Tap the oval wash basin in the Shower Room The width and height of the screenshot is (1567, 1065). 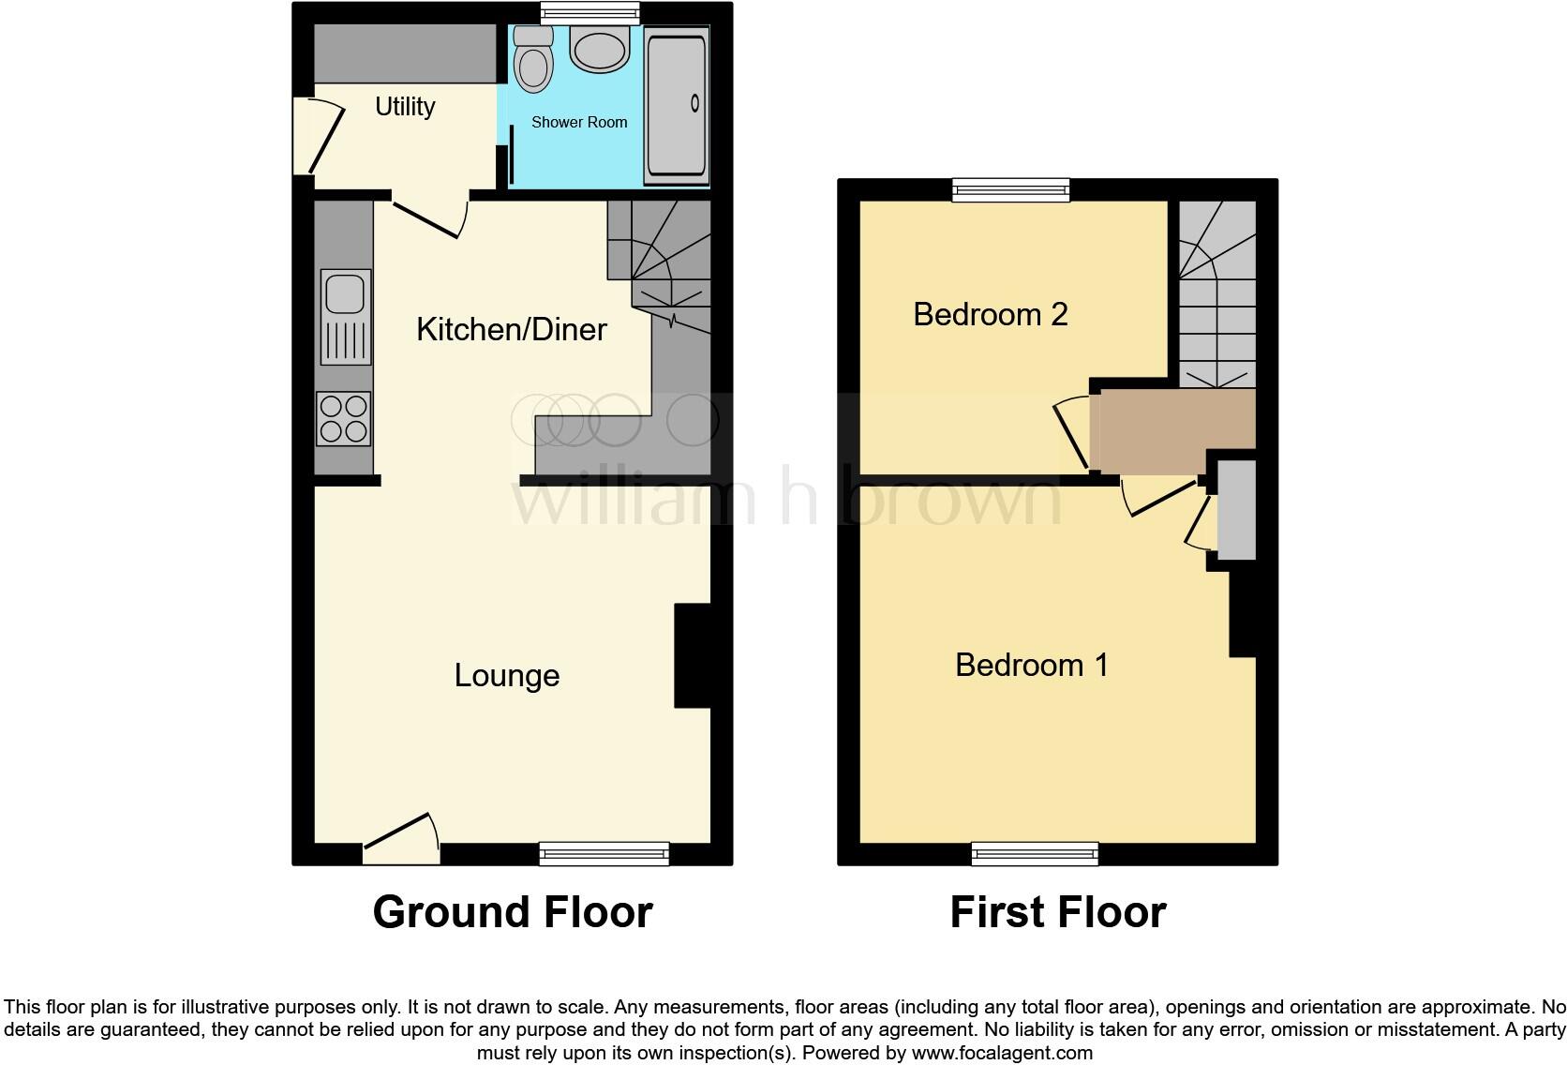[599, 50]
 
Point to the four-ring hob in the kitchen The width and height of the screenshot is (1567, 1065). [344, 418]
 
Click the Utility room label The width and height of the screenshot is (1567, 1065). [405, 107]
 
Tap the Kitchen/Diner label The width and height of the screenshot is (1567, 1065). [511, 329]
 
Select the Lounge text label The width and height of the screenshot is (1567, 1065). [506, 675]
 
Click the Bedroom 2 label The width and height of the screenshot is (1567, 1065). [990, 314]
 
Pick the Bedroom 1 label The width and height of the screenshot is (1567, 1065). [1031, 665]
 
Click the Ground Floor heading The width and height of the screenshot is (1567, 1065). [512, 912]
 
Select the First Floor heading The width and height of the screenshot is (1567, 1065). [1057, 912]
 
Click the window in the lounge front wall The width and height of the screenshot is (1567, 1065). [604, 852]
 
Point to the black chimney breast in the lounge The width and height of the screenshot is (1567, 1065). [692, 655]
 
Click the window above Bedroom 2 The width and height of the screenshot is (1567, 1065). [1010, 190]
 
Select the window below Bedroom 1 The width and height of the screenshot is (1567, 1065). [1035, 852]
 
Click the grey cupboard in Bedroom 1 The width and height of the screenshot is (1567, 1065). [1235, 509]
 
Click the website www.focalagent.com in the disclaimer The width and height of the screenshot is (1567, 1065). [1002, 1053]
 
